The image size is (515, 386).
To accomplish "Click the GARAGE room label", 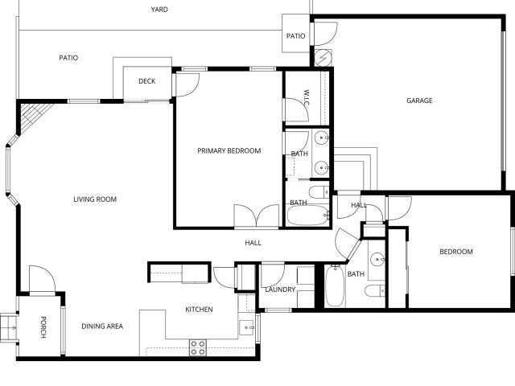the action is coord(419,101).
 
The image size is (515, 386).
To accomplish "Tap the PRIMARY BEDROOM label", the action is coord(229,150).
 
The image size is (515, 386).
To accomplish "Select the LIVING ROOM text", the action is coord(95,199).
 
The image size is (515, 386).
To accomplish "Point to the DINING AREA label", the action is coord(102,326).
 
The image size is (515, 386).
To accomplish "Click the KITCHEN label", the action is coord(199,310).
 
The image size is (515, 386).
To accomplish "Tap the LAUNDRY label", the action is coord(280,289).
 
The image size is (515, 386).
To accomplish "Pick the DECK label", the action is coord(146,81).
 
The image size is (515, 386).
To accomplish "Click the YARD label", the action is coord(159,10).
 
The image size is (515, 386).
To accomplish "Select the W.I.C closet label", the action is coord(307,97).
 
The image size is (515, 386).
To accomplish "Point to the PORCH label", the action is coord(43,327).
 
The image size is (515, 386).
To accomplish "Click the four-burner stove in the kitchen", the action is coord(198,347).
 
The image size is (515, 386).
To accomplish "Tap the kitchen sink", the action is coord(246,327).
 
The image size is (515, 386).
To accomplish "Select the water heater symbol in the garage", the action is coord(323,58).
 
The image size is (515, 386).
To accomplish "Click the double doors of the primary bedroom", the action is coord(257,216).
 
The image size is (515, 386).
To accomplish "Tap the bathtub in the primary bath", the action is coord(307,216).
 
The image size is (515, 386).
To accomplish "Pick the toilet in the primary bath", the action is coord(319,192).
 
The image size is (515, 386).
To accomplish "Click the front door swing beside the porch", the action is coord(42,279).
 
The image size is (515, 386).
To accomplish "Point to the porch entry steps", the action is coord(8,328).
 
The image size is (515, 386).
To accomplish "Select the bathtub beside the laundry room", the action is coord(335,285).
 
